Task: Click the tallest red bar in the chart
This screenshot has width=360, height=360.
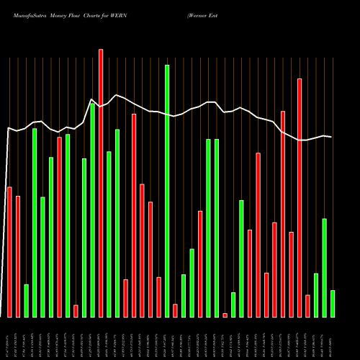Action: click(101, 183)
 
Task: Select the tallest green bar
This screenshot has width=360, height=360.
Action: click(167, 191)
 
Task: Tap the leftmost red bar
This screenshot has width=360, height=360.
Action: click(9, 252)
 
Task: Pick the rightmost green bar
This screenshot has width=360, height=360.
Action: click(332, 303)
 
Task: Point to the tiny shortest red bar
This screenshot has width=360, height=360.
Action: click(225, 315)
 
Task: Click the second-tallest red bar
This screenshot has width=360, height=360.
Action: click(300, 197)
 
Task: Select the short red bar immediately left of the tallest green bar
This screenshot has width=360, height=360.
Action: click(159, 297)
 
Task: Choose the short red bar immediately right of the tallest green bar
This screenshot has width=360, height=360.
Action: click(175, 310)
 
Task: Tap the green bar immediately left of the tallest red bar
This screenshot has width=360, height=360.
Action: click(92, 210)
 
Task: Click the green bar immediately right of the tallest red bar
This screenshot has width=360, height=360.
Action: click(109, 234)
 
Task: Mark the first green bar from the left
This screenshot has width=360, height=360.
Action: click(26, 300)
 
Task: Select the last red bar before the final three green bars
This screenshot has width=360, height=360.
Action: click(307, 306)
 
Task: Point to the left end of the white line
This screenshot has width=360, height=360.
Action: click(8, 128)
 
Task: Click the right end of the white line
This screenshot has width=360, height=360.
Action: click(332, 137)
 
